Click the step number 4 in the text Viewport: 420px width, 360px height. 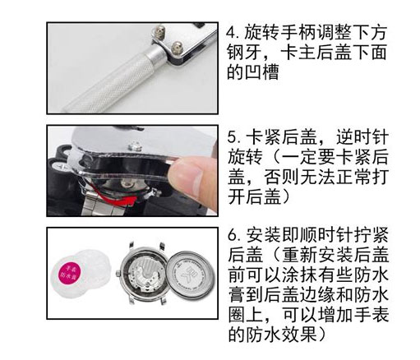pos(232,33)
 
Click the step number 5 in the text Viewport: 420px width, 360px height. pos(233,137)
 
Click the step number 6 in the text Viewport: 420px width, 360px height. pos(233,235)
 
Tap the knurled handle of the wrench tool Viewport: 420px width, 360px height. pos(109,83)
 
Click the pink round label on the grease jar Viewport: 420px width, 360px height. pos(69,272)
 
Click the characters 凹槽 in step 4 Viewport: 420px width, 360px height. pos(261,72)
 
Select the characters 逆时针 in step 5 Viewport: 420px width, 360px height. pos(362,137)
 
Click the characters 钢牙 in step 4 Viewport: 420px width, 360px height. pos(244,53)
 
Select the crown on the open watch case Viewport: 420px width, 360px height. pos(118,274)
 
